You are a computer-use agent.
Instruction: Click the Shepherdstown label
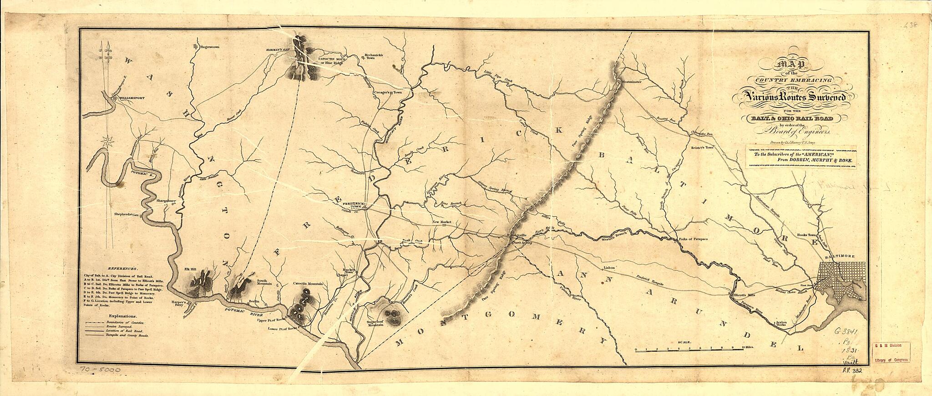[127, 220]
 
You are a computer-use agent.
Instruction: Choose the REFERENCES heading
[123, 269]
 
